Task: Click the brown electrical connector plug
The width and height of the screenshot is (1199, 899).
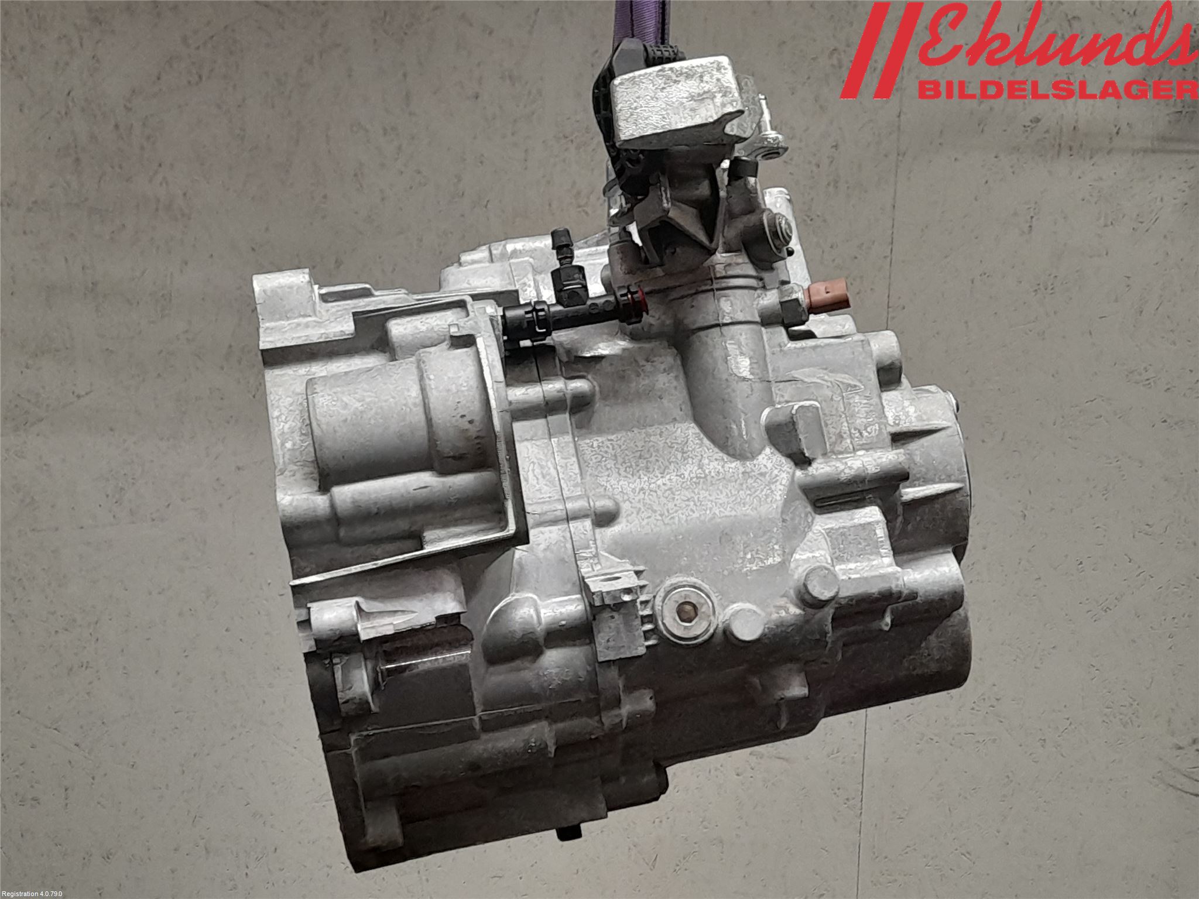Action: (825, 294)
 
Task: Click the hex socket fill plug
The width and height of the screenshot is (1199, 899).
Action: (684, 613)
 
